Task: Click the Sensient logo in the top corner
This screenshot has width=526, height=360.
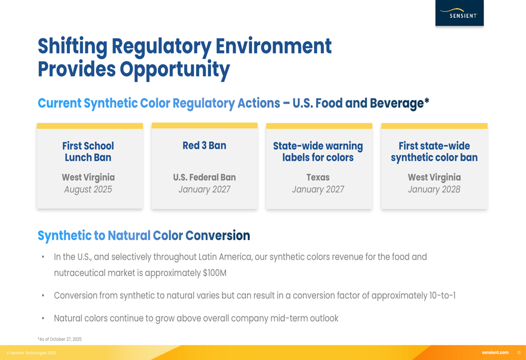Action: pos(459,13)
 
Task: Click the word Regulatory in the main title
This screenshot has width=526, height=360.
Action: pos(160,47)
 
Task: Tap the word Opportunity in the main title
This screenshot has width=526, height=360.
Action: pos(175,70)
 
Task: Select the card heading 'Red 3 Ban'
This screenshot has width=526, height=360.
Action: pos(204,146)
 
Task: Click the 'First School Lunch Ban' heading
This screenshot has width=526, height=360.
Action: pos(88,151)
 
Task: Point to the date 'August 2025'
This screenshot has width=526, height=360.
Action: pos(88,189)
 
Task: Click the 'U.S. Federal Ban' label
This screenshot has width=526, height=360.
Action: pos(204,177)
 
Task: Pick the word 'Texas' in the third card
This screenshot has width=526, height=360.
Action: pos(318,177)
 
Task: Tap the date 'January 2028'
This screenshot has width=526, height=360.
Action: pos(434,189)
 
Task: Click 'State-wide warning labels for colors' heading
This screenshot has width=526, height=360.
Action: pos(318,151)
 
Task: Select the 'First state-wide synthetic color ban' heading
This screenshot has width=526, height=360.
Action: pos(434,151)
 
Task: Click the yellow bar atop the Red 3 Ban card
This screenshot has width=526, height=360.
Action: pos(204,126)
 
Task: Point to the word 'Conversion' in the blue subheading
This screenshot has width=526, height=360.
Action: pos(218,235)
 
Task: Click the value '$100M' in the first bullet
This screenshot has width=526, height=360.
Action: pos(215,273)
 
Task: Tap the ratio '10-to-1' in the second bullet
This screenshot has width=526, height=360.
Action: pos(442,296)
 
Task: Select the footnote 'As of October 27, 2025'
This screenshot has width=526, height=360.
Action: pos(60,339)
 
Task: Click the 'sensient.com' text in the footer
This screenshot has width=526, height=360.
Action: pos(495,353)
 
